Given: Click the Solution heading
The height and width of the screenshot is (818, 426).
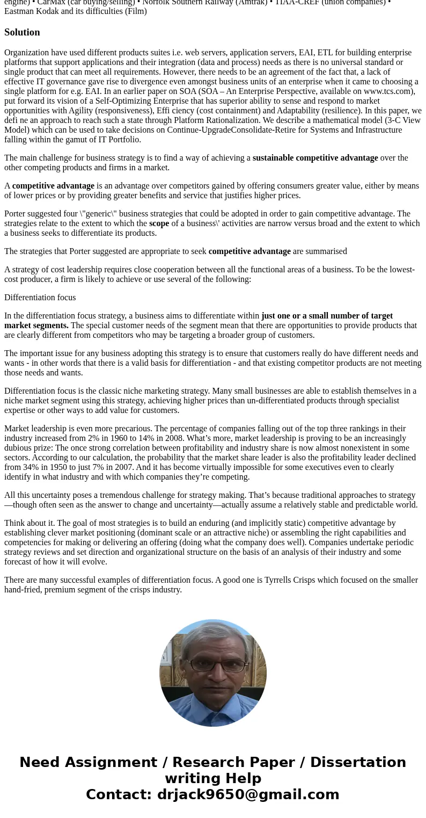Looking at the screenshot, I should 22,32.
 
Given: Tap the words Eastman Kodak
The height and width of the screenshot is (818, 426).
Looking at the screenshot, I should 32,11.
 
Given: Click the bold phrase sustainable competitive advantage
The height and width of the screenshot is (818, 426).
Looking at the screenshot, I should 315,158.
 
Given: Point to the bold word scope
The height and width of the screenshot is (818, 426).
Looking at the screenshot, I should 159,223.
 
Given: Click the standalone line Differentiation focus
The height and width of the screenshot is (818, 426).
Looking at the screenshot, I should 40,298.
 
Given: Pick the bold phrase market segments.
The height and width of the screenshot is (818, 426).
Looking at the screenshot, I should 36,325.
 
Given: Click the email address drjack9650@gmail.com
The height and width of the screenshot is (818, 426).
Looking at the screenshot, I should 248,795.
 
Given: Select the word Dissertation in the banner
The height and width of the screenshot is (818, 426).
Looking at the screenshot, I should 358,763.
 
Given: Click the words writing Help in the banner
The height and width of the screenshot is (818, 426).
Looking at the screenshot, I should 213,779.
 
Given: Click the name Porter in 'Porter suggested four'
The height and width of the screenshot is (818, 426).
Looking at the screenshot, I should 16,214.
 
